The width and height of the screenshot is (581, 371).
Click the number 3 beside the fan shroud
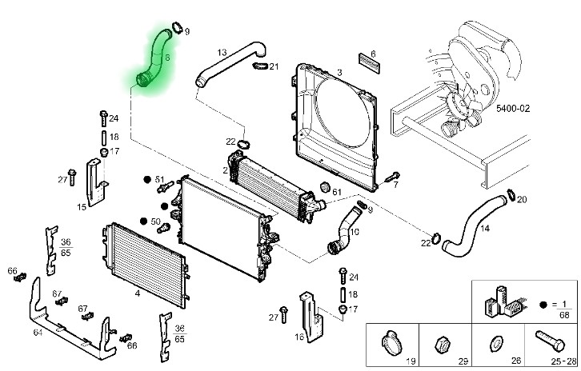point(339,73)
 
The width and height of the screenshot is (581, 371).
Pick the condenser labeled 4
point(144,255)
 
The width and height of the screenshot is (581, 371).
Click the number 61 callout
point(336,192)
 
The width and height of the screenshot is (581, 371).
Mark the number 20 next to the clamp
point(522,199)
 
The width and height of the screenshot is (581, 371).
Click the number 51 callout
point(158,179)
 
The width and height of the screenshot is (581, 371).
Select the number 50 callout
point(155,221)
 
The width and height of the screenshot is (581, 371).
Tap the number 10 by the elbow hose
point(354,232)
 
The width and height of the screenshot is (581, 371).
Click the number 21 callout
point(274,66)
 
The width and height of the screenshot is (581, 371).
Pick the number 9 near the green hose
point(186,32)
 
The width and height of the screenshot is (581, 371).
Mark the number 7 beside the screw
point(395,185)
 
